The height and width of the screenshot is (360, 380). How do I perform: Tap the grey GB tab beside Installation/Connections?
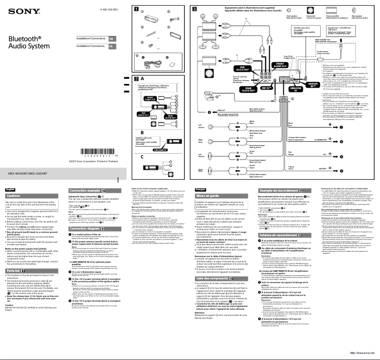coord(111,38)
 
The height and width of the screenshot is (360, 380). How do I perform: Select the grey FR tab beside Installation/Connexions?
coord(111,47)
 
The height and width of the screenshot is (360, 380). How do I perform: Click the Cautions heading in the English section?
coord(14,196)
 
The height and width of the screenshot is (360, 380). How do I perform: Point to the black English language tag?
coord(10,189)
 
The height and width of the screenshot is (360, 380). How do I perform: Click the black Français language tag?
coord(201,189)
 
